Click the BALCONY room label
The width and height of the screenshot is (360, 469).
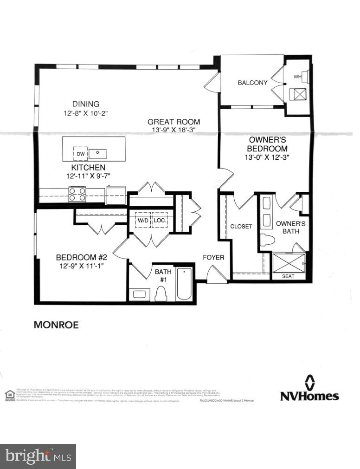tap(252, 83)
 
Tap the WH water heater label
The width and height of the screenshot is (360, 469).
tap(297, 76)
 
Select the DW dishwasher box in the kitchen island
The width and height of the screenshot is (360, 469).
tap(80, 153)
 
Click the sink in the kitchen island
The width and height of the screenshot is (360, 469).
tap(98, 153)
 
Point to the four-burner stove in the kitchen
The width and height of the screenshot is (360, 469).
tap(77, 194)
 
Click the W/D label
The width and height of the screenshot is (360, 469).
tap(143, 220)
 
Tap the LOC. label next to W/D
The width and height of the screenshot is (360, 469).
tap(160, 220)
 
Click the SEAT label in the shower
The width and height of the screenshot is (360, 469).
tap(288, 276)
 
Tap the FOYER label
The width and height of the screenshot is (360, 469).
tap(213, 257)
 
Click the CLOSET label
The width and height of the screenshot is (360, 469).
tap(241, 227)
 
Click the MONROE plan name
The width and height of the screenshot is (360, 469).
tap(56, 325)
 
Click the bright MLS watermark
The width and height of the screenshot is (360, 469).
tap(38, 456)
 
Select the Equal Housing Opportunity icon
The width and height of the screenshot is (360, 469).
tap(10, 395)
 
